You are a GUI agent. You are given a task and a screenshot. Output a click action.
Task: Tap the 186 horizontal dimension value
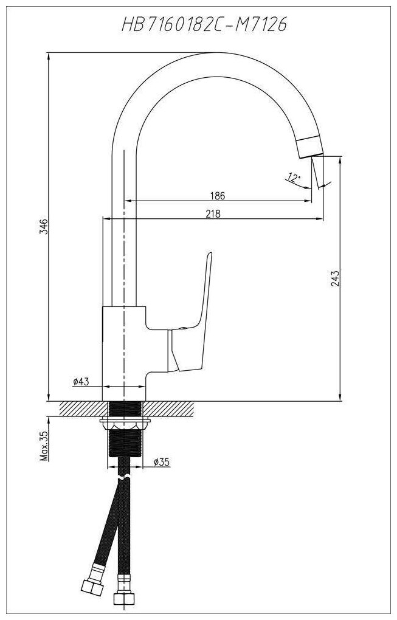pos(217,196)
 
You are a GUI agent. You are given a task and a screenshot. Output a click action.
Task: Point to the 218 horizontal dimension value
pos(212,213)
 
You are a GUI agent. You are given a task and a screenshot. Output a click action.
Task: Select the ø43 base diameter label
pos(81,381)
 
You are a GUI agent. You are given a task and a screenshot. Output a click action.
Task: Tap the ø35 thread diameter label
pos(161,462)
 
